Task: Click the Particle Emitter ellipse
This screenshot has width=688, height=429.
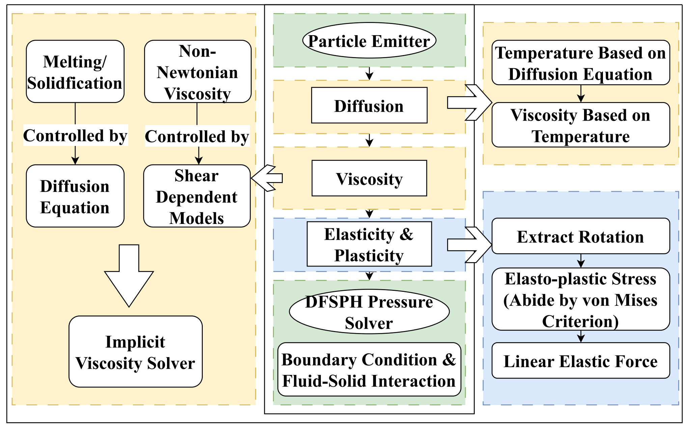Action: (x=369, y=41)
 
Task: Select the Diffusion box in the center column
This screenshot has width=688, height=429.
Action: (x=369, y=105)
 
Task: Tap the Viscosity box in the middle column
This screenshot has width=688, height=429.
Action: (x=369, y=178)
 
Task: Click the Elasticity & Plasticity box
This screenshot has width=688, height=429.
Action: (x=369, y=244)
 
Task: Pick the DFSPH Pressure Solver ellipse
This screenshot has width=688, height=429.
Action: (x=369, y=311)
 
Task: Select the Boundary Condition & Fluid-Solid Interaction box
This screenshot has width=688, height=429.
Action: (x=369, y=370)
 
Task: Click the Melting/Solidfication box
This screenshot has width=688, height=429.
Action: (x=75, y=72)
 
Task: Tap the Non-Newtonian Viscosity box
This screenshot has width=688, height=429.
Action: (x=198, y=72)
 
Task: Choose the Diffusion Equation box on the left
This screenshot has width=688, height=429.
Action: (x=75, y=196)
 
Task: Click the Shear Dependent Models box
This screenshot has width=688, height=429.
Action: (x=197, y=196)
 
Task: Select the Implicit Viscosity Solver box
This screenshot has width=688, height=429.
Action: (x=135, y=352)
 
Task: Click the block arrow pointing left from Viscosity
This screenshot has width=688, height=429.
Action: (x=267, y=178)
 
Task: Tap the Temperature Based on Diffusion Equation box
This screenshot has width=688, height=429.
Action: (x=580, y=63)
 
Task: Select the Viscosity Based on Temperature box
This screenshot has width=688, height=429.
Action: (x=580, y=125)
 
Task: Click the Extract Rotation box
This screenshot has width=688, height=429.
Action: (x=580, y=236)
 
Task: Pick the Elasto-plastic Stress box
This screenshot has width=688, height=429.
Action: (x=580, y=299)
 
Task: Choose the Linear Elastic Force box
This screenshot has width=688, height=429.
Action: (x=580, y=361)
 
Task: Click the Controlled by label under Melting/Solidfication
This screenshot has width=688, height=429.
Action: (x=75, y=135)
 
